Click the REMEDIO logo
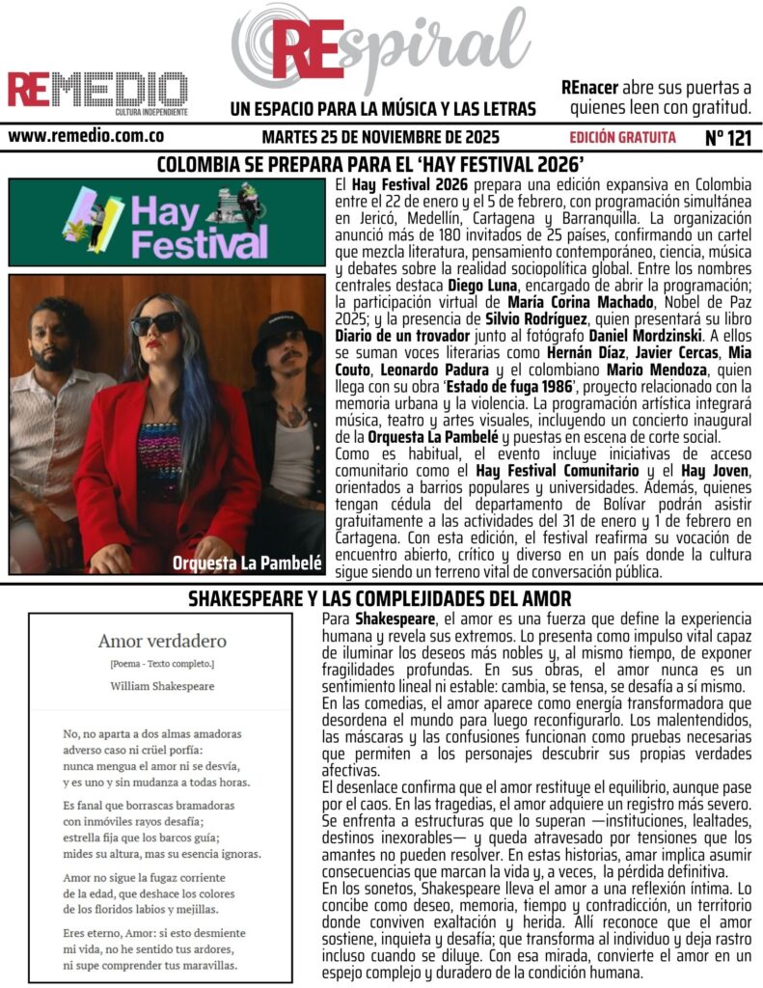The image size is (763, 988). coord(97,90)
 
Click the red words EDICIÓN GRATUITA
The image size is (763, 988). coord(622,137)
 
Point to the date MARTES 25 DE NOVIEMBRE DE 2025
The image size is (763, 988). coord(380,137)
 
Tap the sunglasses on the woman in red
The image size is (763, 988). coord(156,324)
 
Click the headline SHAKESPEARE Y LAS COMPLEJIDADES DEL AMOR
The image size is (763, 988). coord(380,598)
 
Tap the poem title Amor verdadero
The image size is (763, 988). coord(162,641)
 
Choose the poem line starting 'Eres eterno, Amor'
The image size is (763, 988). coord(154,934)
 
